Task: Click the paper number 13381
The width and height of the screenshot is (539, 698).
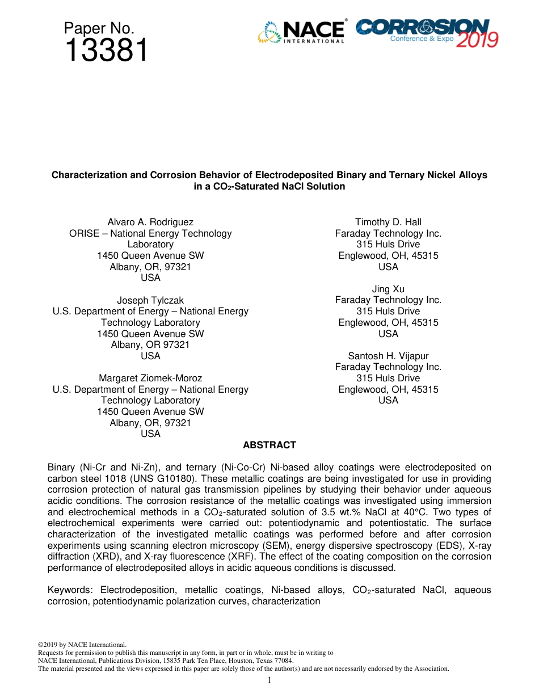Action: [x=106, y=51]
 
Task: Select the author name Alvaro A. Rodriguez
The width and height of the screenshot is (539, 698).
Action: [x=150, y=222]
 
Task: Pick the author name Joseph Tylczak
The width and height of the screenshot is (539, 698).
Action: [x=150, y=300]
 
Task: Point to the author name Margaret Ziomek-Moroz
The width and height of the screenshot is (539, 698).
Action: [x=150, y=378]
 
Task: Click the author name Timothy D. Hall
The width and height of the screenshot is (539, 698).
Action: [x=388, y=222]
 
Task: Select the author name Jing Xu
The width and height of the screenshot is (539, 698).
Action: [x=388, y=289]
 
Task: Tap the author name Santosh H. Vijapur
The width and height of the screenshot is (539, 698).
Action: [x=388, y=356]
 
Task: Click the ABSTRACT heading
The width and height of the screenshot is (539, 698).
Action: [x=269, y=445]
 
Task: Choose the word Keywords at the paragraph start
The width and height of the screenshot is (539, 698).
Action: [x=71, y=590]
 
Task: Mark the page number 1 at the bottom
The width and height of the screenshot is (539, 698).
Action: [x=269, y=680]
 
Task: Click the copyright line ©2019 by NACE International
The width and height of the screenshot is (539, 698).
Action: [x=82, y=645]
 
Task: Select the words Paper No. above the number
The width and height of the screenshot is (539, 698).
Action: [x=99, y=28]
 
